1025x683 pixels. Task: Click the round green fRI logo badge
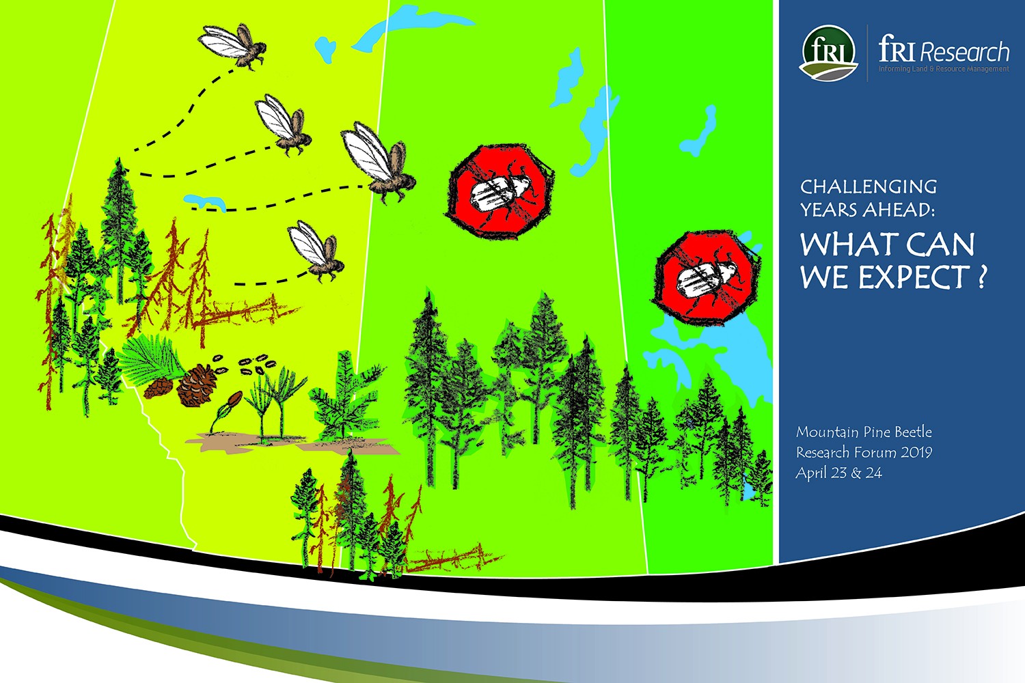828,53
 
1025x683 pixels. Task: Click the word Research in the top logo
965,52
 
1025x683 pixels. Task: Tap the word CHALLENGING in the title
868,186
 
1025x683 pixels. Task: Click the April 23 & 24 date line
838,473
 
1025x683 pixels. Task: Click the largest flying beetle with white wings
379,163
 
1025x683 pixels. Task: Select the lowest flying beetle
316,251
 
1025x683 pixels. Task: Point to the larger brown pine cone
197,385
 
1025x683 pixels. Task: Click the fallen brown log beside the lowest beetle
247,312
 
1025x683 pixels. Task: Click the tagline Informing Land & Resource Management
944,69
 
